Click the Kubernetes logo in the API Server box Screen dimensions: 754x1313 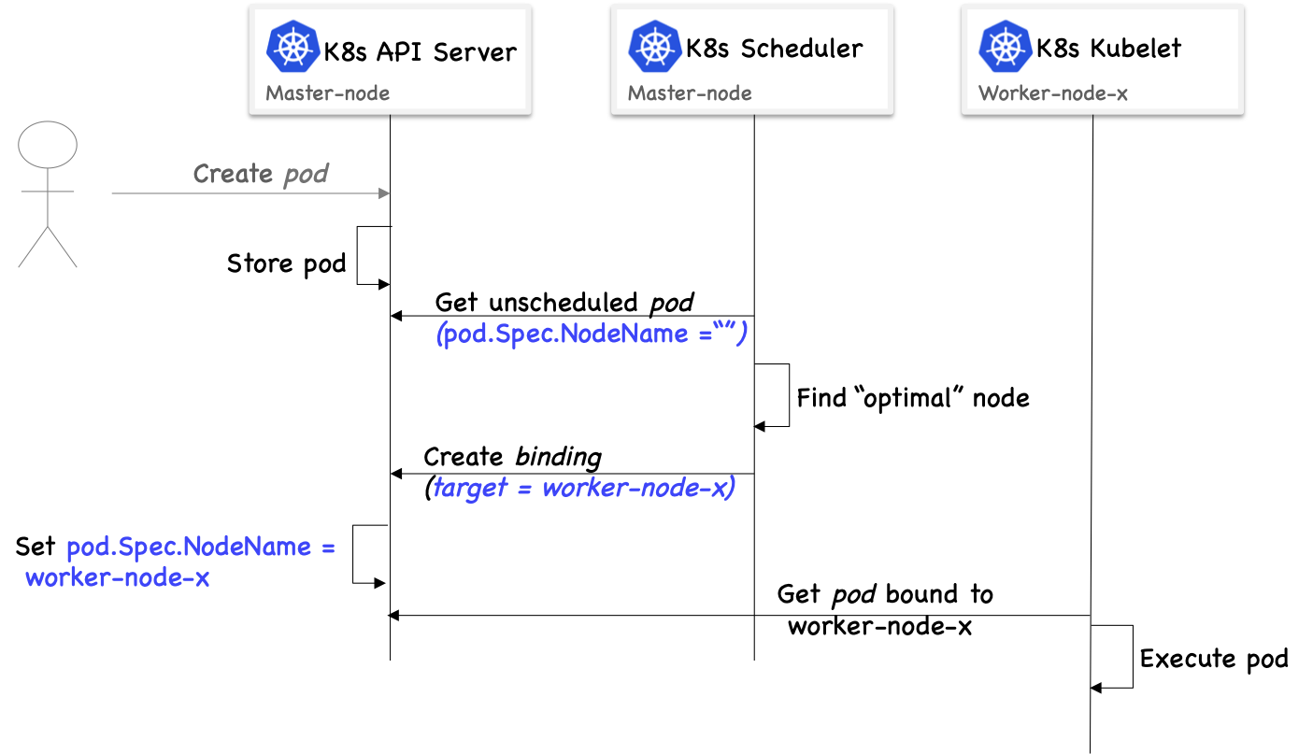pos(293,48)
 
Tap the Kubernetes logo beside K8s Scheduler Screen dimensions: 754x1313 pos(655,48)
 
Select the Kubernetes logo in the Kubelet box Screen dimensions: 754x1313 pos(1006,48)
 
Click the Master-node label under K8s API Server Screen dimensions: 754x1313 pos(328,93)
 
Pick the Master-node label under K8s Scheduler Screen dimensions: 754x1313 pos(690,93)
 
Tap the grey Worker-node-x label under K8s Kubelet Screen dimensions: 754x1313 pos(1053,93)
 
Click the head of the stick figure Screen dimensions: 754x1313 pos(48,145)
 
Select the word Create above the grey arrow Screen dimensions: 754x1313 pos(233,174)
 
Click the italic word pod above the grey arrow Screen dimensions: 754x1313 pos(306,175)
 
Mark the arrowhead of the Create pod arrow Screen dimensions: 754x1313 pos(383,193)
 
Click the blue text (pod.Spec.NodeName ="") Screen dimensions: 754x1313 pos(592,334)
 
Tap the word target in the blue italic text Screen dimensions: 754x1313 pos(469,488)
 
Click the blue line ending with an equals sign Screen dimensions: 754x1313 pos(200,547)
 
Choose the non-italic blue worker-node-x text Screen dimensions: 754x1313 pos(118,577)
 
